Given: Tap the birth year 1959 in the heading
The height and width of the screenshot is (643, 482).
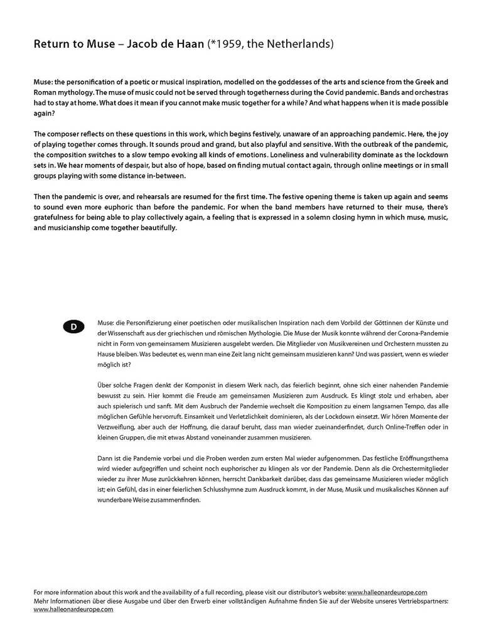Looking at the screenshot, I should coord(228,45).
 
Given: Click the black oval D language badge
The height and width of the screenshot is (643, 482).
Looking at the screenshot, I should coord(73,327).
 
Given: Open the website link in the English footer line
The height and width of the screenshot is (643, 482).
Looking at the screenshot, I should coord(387,592).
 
